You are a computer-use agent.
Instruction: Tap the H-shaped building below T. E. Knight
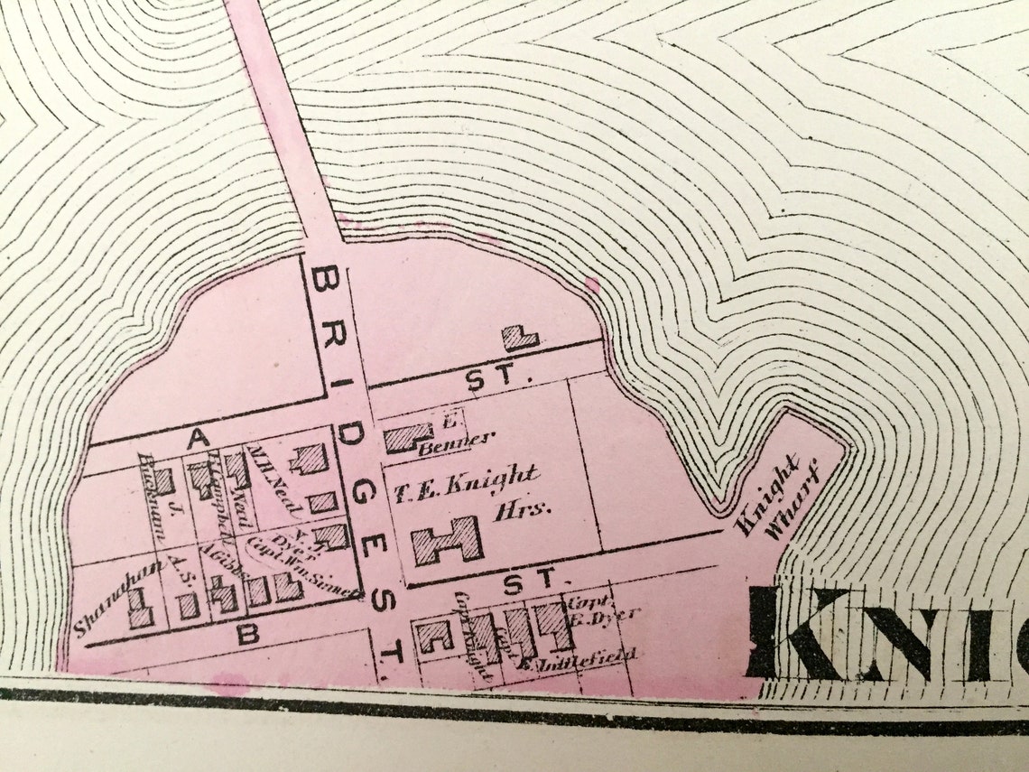point(447,540)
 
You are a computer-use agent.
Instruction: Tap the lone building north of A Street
point(520,338)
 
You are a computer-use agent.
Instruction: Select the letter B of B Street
point(246,634)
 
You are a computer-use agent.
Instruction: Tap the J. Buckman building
point(163,481)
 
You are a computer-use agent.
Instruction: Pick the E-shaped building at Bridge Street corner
point(435,636)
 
